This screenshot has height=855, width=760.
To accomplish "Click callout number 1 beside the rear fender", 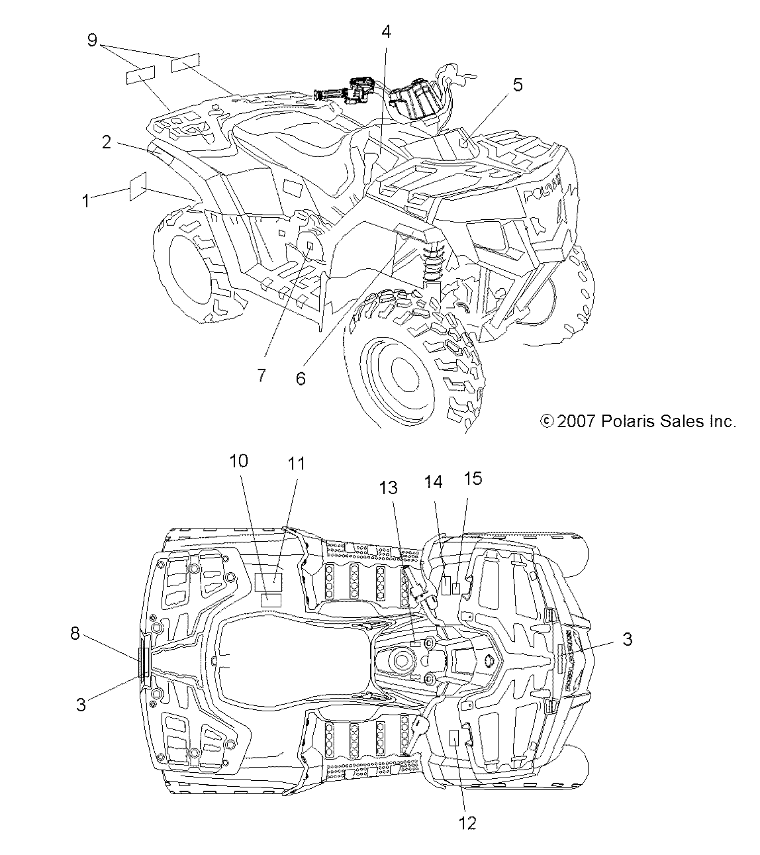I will click(85, 200).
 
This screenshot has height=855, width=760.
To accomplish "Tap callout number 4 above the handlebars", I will click(385, 32).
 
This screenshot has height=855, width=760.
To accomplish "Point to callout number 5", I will click(517, 84).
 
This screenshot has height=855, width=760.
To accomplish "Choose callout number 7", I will click(261, 375).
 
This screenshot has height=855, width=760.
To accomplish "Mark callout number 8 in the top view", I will click(75, 634).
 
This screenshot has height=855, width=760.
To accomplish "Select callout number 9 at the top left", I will click(92, 40).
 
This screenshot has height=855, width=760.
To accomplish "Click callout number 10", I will click(239, 461).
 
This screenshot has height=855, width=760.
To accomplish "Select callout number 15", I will click(473, 478).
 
